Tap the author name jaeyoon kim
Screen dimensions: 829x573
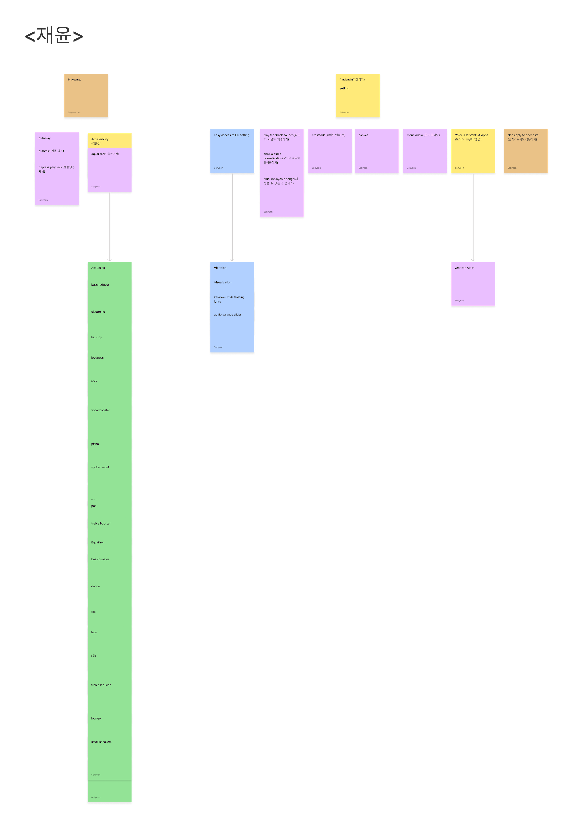tap(74, 112)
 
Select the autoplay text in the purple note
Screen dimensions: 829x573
tap(44, 138)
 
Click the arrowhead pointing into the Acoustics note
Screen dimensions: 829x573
tap(110, 259)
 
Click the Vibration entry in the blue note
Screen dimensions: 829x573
tap(220, 268)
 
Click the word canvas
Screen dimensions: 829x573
tap(363, 135)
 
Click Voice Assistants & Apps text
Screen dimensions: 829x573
tap(471, 135)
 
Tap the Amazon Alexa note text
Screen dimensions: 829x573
tap(465, 268)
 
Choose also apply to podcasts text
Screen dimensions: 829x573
tap(523, 135)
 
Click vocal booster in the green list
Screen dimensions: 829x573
tap(101, 410)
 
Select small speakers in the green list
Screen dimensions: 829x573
tap(101, 742)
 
